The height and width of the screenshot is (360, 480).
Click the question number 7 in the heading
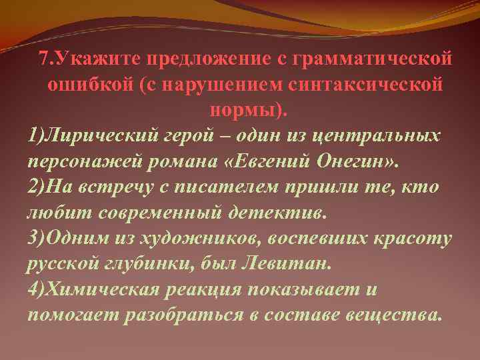pyautogui.click(x=43, y=59)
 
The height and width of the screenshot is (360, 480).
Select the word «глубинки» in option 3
pyautogui.click(x=146, y=264)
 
